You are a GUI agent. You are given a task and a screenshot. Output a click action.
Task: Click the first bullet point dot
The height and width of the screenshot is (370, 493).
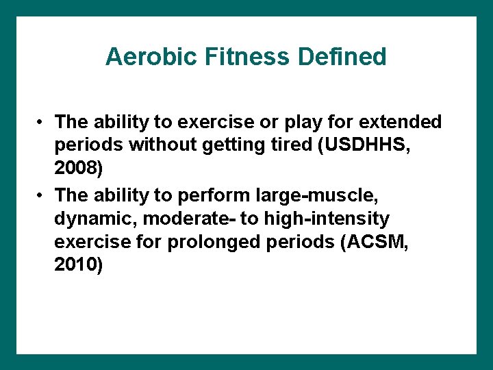coord(42,123)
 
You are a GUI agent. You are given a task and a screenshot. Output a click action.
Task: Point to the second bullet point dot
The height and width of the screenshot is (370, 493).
coord(42,196)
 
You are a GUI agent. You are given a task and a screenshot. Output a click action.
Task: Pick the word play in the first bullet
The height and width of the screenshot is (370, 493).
coord(316,123)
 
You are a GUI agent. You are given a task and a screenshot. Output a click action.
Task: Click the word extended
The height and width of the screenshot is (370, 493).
coord(403,123)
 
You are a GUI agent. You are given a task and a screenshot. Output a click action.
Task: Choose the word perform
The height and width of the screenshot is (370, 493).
coord(212,195)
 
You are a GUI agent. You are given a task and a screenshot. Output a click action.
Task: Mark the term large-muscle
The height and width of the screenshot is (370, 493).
coord(323,195)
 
